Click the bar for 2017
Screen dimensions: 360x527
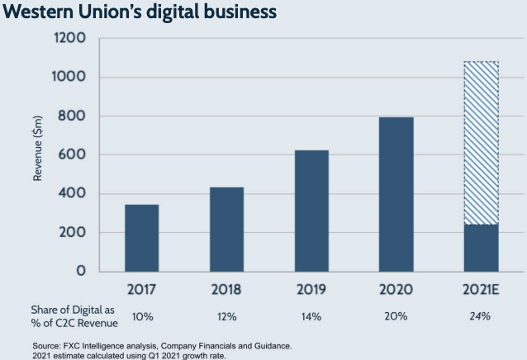[141, 238]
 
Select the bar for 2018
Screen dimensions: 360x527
[226, 230]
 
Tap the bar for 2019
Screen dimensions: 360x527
[311, 211]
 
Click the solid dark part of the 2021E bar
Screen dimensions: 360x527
[480, 248]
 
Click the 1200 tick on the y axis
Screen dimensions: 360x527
[69, 39]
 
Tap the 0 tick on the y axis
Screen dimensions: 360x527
[81, 271]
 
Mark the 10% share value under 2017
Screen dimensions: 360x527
[142, 316]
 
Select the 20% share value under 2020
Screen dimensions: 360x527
[396, 316]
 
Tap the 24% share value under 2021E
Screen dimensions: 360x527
[480, 316]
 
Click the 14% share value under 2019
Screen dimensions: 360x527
[311, 316]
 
